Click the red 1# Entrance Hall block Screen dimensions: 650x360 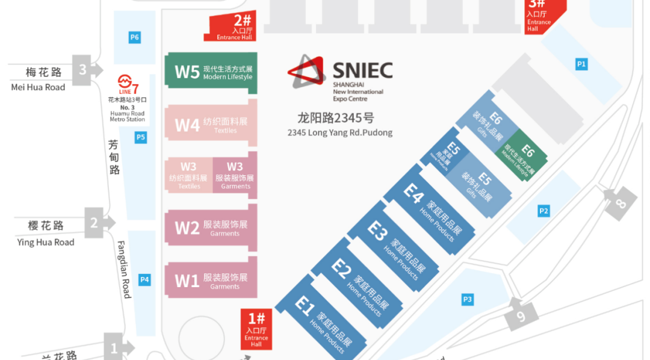click(x=256, y=329)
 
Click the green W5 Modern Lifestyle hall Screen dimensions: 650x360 click(x=211, y=72)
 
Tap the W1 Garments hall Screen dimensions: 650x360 click(x=211, y=281)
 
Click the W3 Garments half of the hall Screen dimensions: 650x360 click(x=235, y=175)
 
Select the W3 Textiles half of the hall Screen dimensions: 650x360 click(x=188, y=175)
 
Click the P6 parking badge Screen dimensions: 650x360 click(x=135, y=37)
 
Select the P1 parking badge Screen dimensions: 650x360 click(x=581, y=64)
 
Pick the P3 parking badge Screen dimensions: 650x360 click(x=468, y=299)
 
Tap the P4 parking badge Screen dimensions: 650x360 click(x=144, y=279)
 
